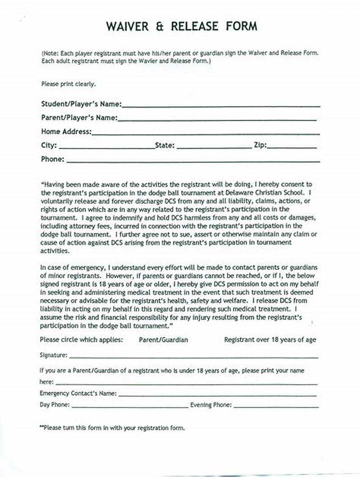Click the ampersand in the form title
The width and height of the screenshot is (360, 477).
click(160, 26)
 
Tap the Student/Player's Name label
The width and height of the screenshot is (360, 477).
click(81, 104)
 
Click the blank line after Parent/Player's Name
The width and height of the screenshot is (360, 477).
click(217, 120)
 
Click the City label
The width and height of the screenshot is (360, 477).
click(49, 145)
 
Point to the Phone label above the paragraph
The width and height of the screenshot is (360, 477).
click(53, 159)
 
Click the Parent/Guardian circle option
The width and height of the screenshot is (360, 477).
click(163, 340)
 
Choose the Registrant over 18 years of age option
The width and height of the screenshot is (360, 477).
click(270, 340)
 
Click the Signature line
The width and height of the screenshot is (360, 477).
click(193, 357)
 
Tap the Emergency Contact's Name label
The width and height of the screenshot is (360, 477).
click(78, 393)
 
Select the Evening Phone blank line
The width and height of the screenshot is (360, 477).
click(276, 406)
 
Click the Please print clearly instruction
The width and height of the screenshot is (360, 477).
click(68, 84)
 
